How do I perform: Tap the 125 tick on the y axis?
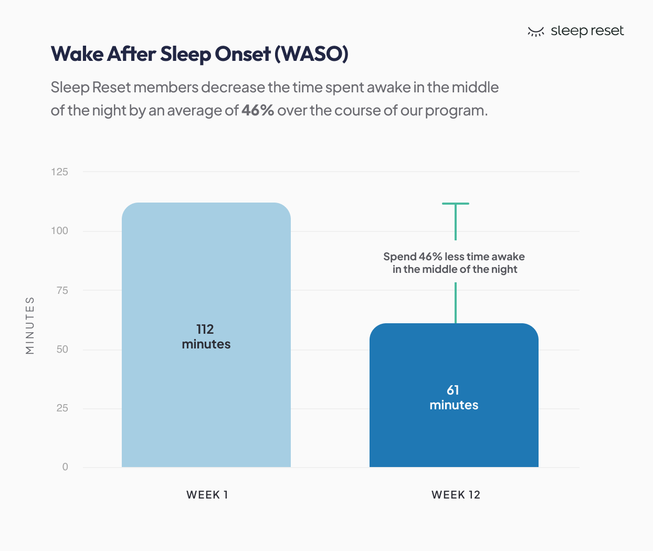[x=59, y=172]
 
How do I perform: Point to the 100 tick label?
[x=59, y=231]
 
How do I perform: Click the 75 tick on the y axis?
[x=62, y=290]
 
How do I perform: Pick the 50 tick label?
[x=62, y=349]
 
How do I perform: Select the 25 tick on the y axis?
[x=62, y=408]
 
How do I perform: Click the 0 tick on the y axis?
[x=65, y=467]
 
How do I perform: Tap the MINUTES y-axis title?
[x=30, y=325]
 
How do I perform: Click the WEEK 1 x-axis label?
[x=207, y=495]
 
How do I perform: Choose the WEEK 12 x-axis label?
[x=456, y=495]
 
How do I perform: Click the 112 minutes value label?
[x=206, y=336]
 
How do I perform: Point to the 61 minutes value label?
[x=454, y=397]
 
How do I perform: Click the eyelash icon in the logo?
[x=535, y=32]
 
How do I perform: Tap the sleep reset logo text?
[x=587, y=31]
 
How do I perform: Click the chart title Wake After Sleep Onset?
[x=161, y=54]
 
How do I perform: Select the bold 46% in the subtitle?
[x=257, y=110]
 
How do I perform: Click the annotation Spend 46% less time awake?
[x=454, y=263]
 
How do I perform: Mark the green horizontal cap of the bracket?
[x=455, y=204]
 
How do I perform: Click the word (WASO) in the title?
[x=312, y=54]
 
